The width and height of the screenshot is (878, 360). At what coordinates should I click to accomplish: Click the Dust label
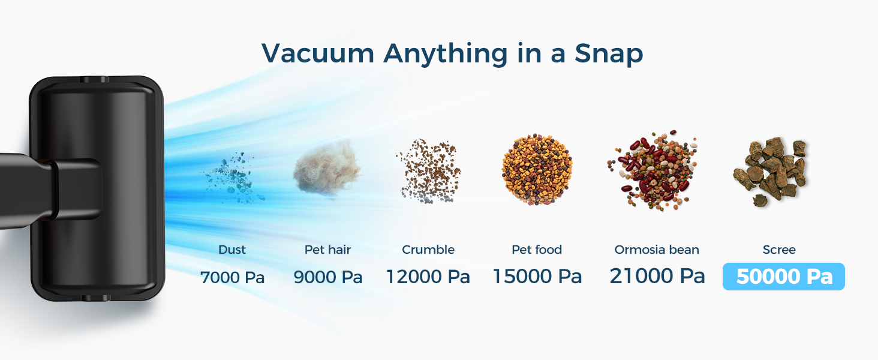232,250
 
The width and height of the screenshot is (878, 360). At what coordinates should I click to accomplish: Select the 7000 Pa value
232,278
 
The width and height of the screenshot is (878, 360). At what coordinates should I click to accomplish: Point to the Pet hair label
327,250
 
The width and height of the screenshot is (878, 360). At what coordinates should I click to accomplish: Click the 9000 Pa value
328,278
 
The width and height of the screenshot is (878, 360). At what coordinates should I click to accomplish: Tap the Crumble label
428,250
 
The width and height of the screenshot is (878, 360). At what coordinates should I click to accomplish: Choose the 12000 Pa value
428,277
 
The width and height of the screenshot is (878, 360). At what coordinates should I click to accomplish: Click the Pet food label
537,250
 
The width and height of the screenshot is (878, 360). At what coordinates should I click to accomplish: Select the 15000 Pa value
537,277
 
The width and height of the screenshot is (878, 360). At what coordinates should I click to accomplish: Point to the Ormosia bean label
657,250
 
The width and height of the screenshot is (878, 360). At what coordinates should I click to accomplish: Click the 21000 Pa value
657,276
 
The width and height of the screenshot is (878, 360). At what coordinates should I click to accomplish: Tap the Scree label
779,250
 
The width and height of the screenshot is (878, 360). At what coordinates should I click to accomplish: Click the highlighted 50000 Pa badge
784,277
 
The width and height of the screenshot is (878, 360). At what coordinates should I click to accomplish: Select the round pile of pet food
536,170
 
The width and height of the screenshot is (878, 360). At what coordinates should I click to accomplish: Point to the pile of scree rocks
770,171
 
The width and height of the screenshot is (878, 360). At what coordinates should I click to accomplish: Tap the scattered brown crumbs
428,171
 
